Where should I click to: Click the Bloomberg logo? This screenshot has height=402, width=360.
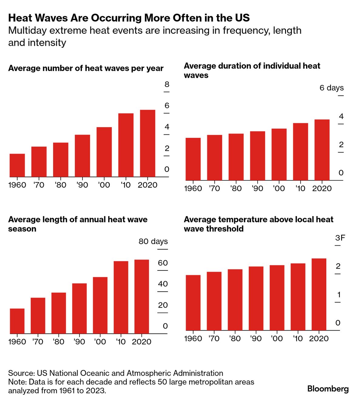(x=328, y=389)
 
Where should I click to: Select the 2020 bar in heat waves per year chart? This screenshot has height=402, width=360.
(x=147, y=143)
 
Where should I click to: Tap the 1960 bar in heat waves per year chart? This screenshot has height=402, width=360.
(x=17, y=165)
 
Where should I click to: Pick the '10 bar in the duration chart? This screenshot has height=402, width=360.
(x=300, y=152)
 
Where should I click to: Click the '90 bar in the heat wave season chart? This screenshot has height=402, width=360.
(x=79, y=308)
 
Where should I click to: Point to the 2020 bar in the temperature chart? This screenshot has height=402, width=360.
(x=319, y=294)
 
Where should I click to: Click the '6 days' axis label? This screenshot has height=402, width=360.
(x=331, y=88)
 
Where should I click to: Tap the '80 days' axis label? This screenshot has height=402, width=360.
(x=153, y=241)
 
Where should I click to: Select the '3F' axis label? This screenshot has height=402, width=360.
(x=340, y=238)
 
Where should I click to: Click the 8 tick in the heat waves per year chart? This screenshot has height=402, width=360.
(x=167, y=84)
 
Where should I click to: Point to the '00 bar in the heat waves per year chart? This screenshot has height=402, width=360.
(x=104, y=152)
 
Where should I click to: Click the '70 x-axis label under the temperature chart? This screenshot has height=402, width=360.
(x=214, y=339)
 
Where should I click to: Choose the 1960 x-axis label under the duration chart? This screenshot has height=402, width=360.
(x=193, y=189)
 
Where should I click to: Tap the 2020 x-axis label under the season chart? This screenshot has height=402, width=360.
(x=141, y=342)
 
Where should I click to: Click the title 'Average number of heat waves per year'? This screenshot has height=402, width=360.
(x=86, y=68)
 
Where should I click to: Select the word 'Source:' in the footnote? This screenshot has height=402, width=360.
(x=21, y=373)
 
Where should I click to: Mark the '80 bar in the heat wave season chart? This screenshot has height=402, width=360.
(x=59, y=313)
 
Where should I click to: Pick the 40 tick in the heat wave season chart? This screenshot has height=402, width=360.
(x=163, y=284)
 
